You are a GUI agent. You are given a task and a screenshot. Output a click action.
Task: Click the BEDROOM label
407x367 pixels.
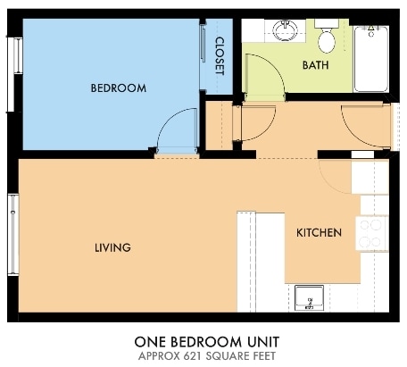click(118, 88)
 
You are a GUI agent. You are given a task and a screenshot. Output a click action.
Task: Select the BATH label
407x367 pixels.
click(315, 65)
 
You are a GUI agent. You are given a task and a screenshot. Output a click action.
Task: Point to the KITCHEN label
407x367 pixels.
click(319, 233)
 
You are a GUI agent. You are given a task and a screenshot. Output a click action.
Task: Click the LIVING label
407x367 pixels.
click(113, 247)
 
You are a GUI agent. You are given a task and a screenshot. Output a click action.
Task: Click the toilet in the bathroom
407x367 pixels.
click(327, 38)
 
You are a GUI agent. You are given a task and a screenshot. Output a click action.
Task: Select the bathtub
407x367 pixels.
click(370, 59)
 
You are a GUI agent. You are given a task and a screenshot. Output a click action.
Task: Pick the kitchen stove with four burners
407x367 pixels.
click(370, 233)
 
